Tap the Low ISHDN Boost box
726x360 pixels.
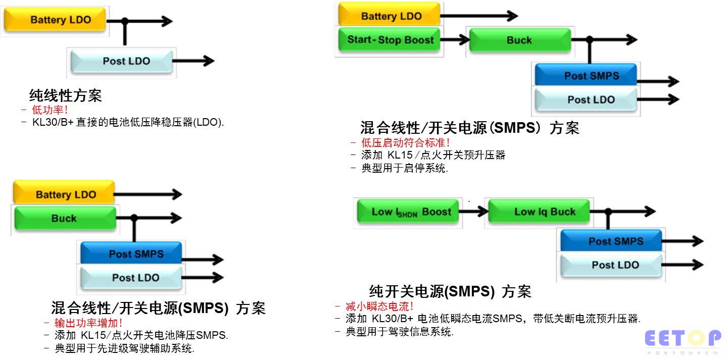tap(408, 211)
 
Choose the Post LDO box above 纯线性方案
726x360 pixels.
tap(122, 61)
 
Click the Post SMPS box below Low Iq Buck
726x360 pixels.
tap(611, 241)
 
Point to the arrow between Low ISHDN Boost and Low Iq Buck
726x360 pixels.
tap(473, 212)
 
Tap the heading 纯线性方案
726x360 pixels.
tap(66, 95)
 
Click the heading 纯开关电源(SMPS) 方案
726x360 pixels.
tap(450, 291)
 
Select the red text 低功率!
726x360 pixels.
tap(50, 110)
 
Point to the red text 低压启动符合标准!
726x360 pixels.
tap(405, 142)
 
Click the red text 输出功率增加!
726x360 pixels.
tap(88, 323)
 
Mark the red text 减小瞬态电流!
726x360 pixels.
tap(379, 306)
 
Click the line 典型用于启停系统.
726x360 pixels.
tap(405, 168)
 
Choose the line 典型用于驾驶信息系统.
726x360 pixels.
tap(399, 332)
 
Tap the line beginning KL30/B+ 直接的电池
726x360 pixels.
tap(128, 122)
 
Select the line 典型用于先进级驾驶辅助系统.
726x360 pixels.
tap(124, 348)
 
